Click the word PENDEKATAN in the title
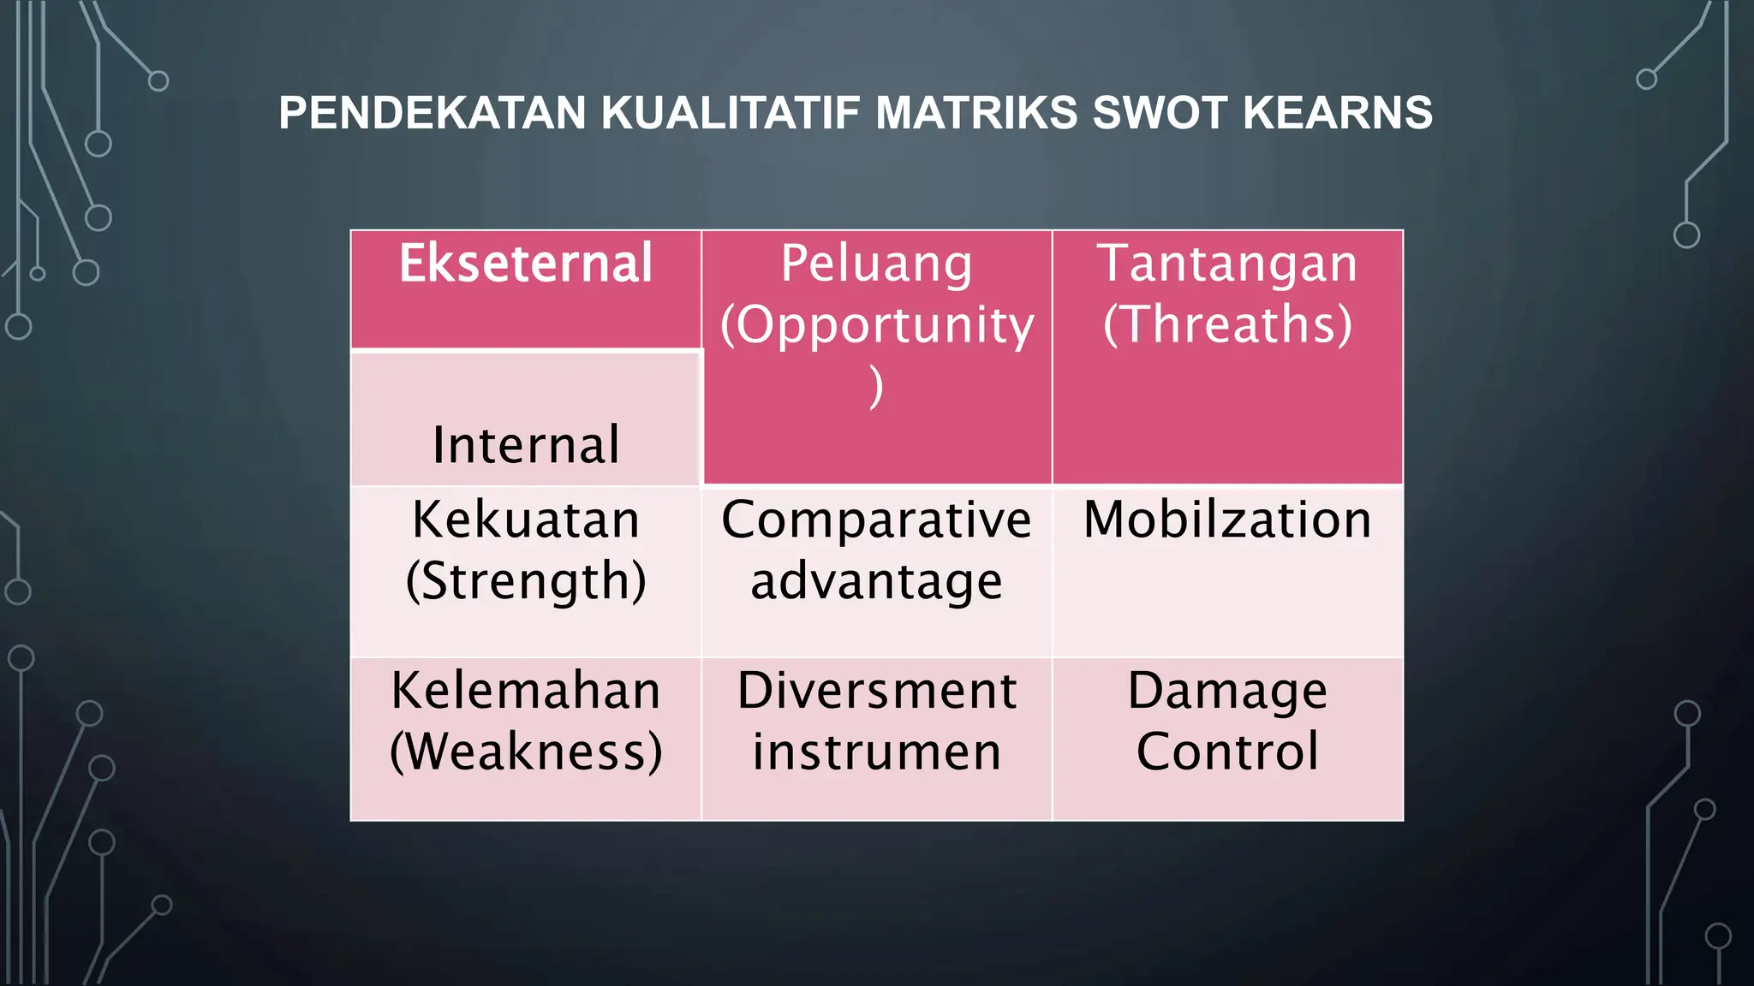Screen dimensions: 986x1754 coord(433,113)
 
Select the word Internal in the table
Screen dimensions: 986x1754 coord(525,445)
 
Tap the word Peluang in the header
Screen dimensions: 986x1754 coord(876,264)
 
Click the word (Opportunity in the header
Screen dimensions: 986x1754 coord(876,325)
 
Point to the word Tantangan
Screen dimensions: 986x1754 coord(1227,264)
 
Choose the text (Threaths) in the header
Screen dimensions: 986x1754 coord(1227,325)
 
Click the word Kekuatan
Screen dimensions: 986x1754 coord(525,520)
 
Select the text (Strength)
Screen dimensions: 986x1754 coord(525,581)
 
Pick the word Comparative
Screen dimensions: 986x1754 coord(876,520)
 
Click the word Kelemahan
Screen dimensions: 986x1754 coord(525,691)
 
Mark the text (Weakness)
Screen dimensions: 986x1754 coord(525,752)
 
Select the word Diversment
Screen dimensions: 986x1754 coord(876,691)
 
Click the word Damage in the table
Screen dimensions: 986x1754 coord(1227,691)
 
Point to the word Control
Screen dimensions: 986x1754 coord(1227,752)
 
